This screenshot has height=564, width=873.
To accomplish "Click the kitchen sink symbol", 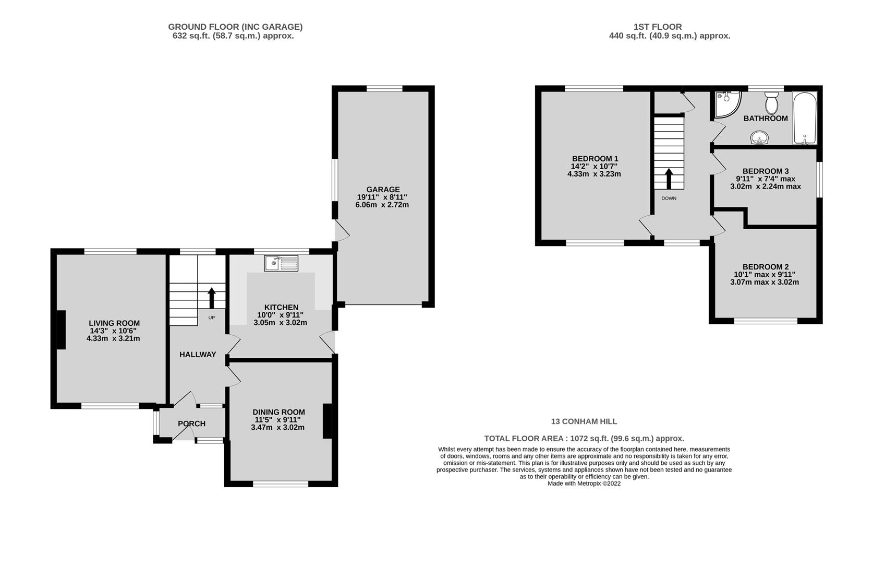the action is click(x=281, y=263).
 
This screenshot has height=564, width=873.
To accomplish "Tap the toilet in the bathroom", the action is click(x=771, y=103).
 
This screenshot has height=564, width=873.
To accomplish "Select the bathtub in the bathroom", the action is click(x=805, y=118).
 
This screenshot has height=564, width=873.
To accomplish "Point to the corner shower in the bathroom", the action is click(x=727, y=104).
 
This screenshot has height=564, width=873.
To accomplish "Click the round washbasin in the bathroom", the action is click(x=759, y=137).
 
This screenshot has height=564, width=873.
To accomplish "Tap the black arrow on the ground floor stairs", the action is click(x=212, y=298).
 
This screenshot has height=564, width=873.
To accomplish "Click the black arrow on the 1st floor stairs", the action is click(x=669, y=179).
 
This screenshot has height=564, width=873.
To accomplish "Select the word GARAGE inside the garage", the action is click(x=383, y=190).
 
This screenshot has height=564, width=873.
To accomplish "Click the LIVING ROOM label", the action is click(x=114, y=323).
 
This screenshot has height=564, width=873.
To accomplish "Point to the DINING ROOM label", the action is click(x=278, y=412).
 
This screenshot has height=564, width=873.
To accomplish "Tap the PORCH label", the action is click(x=191, y=424).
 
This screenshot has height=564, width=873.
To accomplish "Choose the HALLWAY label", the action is click(x=198, y=355).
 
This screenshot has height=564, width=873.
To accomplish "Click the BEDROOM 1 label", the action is click(x=595, y=159).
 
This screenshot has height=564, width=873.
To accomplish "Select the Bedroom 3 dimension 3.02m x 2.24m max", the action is click(x=766, y=186).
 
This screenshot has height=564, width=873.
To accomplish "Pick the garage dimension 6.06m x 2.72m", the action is click(x=382, y=205).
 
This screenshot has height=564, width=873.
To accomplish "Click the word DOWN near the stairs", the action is click(x=669, y=198).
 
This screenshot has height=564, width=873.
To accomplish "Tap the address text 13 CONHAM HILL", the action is click(x=584, y=421).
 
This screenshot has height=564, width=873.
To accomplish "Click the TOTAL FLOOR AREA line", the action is click(x=584, y=438).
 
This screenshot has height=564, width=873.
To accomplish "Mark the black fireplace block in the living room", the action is click(x=61, y=330).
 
